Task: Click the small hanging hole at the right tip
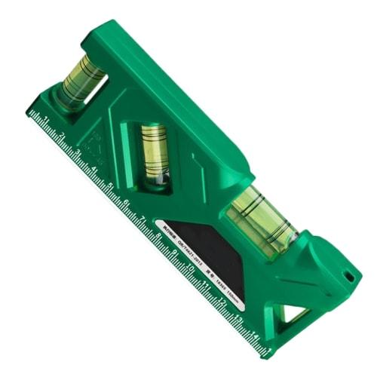pyautogui.click(x=349, y=277)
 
